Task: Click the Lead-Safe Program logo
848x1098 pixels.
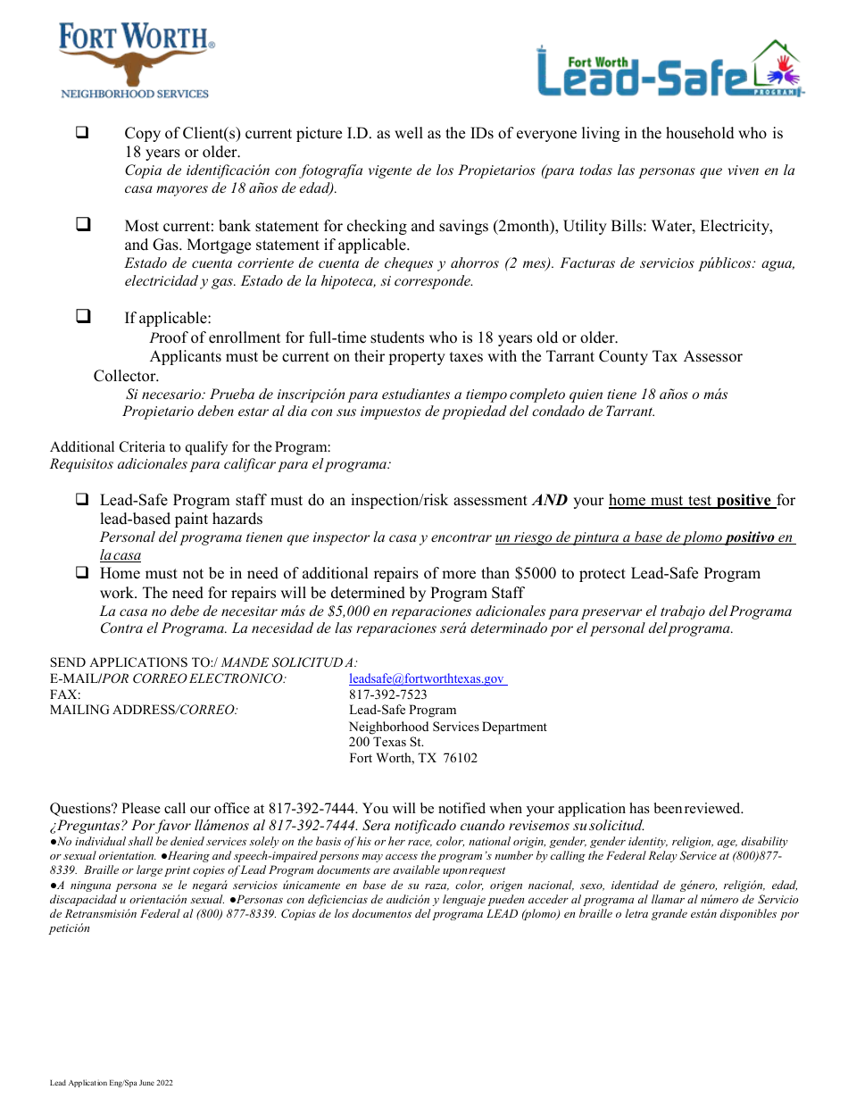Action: point(669,69)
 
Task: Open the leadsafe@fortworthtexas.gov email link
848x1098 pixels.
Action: point(427,678)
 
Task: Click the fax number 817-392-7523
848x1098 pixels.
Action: point(387,695)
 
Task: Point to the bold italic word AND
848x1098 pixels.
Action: point(550,501)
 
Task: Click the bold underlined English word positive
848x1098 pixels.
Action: point(744,501)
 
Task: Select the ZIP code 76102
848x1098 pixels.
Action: point(461,759)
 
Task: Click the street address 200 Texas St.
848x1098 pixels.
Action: point(386,743)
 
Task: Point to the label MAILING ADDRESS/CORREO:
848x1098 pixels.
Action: point(144,711)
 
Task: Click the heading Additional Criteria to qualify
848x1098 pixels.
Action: point(190,447)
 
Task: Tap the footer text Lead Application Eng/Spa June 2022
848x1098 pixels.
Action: point(111,1083)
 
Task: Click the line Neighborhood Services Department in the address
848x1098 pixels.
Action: point(447,727)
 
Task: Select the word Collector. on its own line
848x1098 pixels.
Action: point(126,376)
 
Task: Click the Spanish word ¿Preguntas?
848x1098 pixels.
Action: point(88,826)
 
